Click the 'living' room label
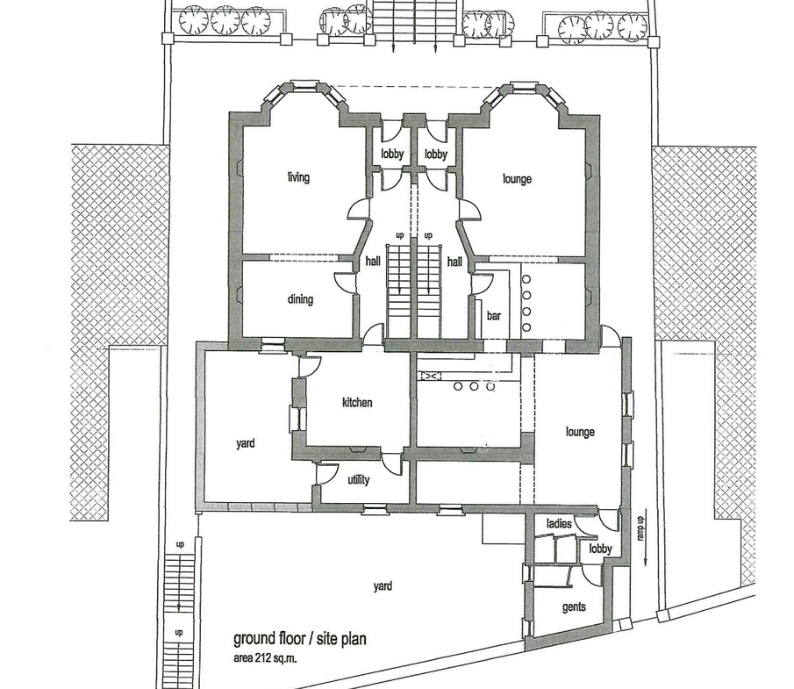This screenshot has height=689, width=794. pyautogui.click(x=298, y=176)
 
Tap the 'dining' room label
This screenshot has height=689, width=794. pyautogui.click(x=300, y=299)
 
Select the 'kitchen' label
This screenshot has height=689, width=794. pyautogui.click(x=357, y=402)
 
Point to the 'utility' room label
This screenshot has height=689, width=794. pyautogui.click(x=359, y=479)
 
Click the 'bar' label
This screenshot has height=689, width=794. pyautogui.click(x=494, y=316)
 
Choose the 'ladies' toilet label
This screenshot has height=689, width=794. pyautogui.click(x=559, y=523)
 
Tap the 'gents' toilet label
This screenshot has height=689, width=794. pyautogui.click(x=574, y=606)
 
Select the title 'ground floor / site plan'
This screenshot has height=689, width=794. pyautogui.click(x=300, y=639)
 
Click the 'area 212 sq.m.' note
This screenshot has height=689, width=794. pyautogui.click(x=265, y=658)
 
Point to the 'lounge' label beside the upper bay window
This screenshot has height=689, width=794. pyautogui.click(x=517, y=178)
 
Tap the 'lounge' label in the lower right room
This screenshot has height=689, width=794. pyautogui.click(x=580, y=432)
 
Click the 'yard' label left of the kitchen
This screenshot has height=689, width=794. pyautogui.click(x=245, y=443)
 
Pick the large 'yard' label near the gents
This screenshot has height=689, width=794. pyautogui.click(x=383, y=585)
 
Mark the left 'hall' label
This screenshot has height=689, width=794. pyautogui.click(x=373, y=261)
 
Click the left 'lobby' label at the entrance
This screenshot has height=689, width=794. pyautogui.click(x=392, y=154)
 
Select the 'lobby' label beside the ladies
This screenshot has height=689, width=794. pyautogui.click(x=601, y=549)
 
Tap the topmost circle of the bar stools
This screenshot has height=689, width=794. pyautogui.click(x=526, y=279)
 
